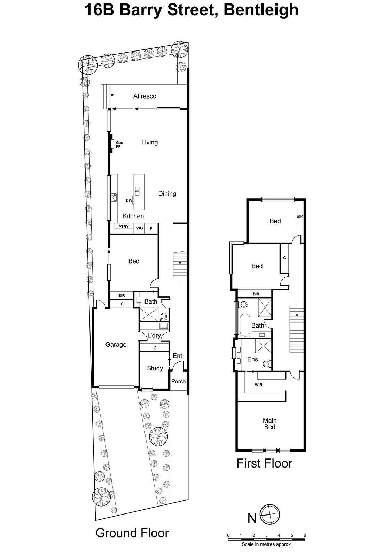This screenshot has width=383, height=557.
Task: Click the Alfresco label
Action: point(145,96)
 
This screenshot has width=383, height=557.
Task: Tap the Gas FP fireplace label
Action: point(119,144)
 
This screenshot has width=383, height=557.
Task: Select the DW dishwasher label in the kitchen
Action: point(129,201)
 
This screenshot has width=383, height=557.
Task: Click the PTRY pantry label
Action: point(124,227)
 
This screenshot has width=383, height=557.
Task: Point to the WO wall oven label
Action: point(139,228)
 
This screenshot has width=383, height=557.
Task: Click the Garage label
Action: point(116,345)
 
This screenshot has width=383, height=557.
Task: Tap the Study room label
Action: point(155,368)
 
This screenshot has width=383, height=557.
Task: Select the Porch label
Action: point(179,382)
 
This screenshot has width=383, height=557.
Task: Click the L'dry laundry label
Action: point(154,336)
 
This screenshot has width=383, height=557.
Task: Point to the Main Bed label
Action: point(269,424)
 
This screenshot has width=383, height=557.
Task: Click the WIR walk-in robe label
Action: point(259,385)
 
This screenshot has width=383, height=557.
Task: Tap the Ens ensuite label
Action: point(252,359)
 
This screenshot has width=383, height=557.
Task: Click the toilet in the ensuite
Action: point(267,364)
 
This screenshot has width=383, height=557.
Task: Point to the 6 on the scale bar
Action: point(305,535)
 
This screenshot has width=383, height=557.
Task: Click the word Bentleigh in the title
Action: point(261,10)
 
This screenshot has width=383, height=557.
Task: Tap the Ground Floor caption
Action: point(132,533)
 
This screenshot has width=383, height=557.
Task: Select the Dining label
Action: point(167,194)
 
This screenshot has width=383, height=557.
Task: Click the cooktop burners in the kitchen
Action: point(114,197)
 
